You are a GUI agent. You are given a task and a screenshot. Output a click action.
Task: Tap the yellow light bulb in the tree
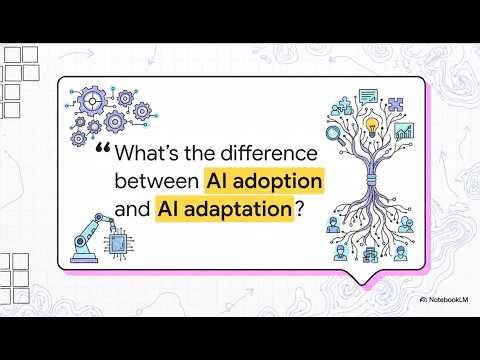point(373,127)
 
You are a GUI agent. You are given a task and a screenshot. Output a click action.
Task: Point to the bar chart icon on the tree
point(404,131)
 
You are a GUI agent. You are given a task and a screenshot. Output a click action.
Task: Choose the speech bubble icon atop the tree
point(367,97)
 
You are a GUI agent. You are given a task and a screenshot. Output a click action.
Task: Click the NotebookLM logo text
point(442,299)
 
